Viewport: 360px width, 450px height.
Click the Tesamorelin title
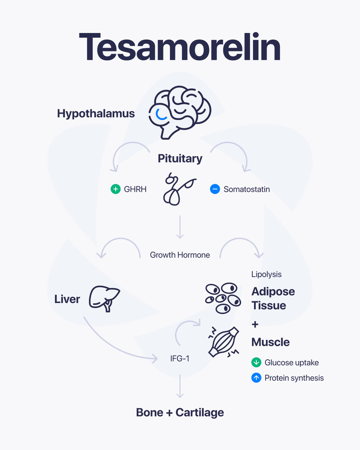pos(180,47)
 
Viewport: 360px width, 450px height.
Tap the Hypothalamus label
pos(96,114)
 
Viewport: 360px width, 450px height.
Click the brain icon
pos(180,112)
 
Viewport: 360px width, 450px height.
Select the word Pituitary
pos(180,159)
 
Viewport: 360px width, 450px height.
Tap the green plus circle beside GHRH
pos(116,189)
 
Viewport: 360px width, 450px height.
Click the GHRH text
pos(135,189)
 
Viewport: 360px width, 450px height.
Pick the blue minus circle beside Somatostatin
pos(215,189)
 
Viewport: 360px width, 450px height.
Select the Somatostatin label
pos(247,189)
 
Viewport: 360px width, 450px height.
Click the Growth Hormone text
pos(180,255)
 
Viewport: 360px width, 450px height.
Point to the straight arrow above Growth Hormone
pos(180,227)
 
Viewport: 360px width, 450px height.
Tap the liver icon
pos(105,299)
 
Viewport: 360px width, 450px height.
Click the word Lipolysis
pos(266,274)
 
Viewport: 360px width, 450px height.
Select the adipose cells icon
pos(223,298)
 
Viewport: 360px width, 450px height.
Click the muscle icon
pos(224,342)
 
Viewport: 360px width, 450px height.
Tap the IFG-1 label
pos(180,359)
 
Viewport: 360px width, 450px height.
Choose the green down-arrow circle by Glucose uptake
pos(256,363)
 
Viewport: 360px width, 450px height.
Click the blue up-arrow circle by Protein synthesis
pos(256,377)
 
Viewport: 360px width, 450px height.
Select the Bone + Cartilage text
pos(180,413)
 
